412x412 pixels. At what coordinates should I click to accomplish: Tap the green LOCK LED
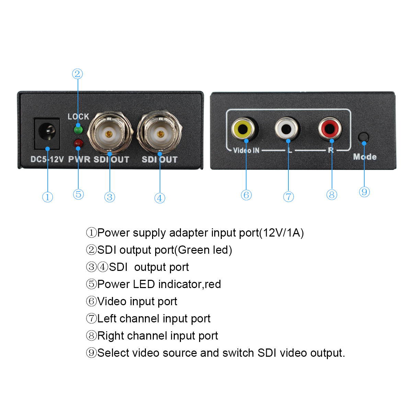pyautogui.click(x=78, y=129)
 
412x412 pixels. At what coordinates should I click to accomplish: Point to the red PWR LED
pyautogui.click(x=78, y=143)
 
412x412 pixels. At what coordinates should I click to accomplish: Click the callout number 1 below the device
pyautogui.click(x=47, y=197)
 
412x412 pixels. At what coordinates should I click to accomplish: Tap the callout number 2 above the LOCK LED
pyautogui.click(x=78, y=74)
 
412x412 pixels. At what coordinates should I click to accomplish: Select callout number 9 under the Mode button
pyautogui.click(x=364, y=192)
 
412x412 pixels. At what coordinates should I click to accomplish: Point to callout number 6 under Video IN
pyautogui.click(x=246, y=195)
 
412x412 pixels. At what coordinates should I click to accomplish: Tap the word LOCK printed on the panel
pyautogui.click(x=78, y=117)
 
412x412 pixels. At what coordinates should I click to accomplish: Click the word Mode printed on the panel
pyautogui.click(x=365, y=157)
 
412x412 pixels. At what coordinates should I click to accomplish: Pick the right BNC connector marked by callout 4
pyautogui.click(x=159, y=133)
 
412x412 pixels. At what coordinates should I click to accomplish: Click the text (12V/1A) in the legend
pyautogui.click(x=282, y=233)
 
